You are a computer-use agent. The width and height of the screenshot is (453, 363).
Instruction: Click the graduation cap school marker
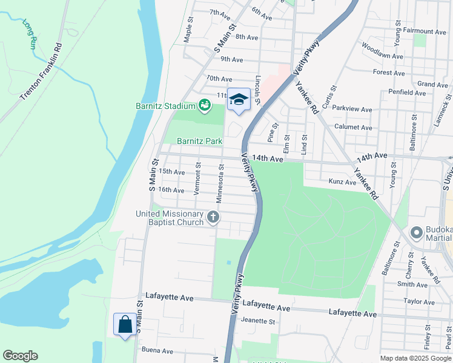(x=239, y=99)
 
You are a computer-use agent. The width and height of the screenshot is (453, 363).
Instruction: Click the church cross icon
(x=213, y=217)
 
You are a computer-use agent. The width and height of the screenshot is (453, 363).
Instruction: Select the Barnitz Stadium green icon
(x=205, y=106)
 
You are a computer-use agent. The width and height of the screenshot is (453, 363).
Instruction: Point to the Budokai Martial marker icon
(x=416, y=232)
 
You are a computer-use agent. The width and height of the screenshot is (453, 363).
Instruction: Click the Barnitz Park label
(x=199, y=141)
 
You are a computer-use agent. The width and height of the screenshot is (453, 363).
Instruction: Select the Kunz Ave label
(x=342, y=181)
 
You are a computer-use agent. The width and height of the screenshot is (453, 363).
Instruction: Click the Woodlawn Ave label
(x=382, y=51)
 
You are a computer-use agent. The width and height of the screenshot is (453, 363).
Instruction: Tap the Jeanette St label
(x=258, y=321)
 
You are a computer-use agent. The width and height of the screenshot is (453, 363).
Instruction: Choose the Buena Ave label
(x=157, y=351)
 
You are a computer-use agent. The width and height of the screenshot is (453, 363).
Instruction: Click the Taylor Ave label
(x=420, y=301)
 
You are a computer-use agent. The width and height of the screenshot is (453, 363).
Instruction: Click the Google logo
(x=20, y=356)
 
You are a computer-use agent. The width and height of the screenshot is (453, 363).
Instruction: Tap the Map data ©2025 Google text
(x=415, y=358)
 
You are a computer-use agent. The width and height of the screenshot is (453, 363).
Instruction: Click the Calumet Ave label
(x=353, y=128)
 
